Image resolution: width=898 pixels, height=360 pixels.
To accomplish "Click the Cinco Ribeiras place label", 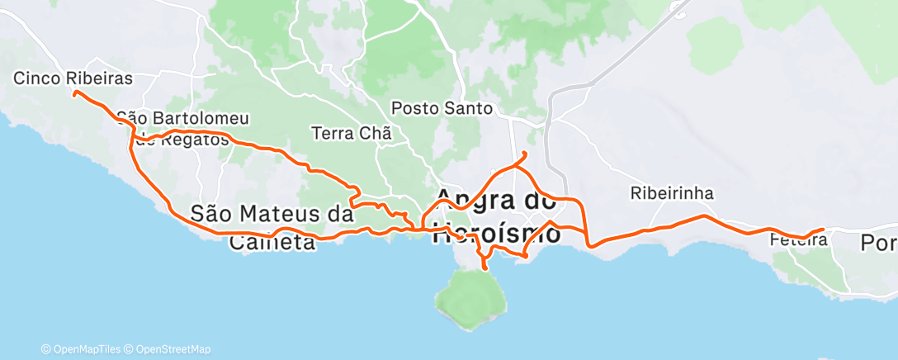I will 73,78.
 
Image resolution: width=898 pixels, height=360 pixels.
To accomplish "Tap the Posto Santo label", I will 442,108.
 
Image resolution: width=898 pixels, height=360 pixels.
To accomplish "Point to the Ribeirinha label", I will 671,194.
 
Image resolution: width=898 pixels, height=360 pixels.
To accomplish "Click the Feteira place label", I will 797,240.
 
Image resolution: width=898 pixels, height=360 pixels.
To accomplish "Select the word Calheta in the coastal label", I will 272,242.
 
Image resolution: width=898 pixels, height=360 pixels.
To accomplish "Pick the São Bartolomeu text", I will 183,118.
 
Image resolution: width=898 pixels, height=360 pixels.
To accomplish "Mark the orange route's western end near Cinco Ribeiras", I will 75,93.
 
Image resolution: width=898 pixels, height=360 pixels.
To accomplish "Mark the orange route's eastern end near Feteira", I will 823,230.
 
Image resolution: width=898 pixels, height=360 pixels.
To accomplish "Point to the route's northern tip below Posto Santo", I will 525,154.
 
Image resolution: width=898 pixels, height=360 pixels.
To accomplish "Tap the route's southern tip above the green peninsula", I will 484,268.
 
